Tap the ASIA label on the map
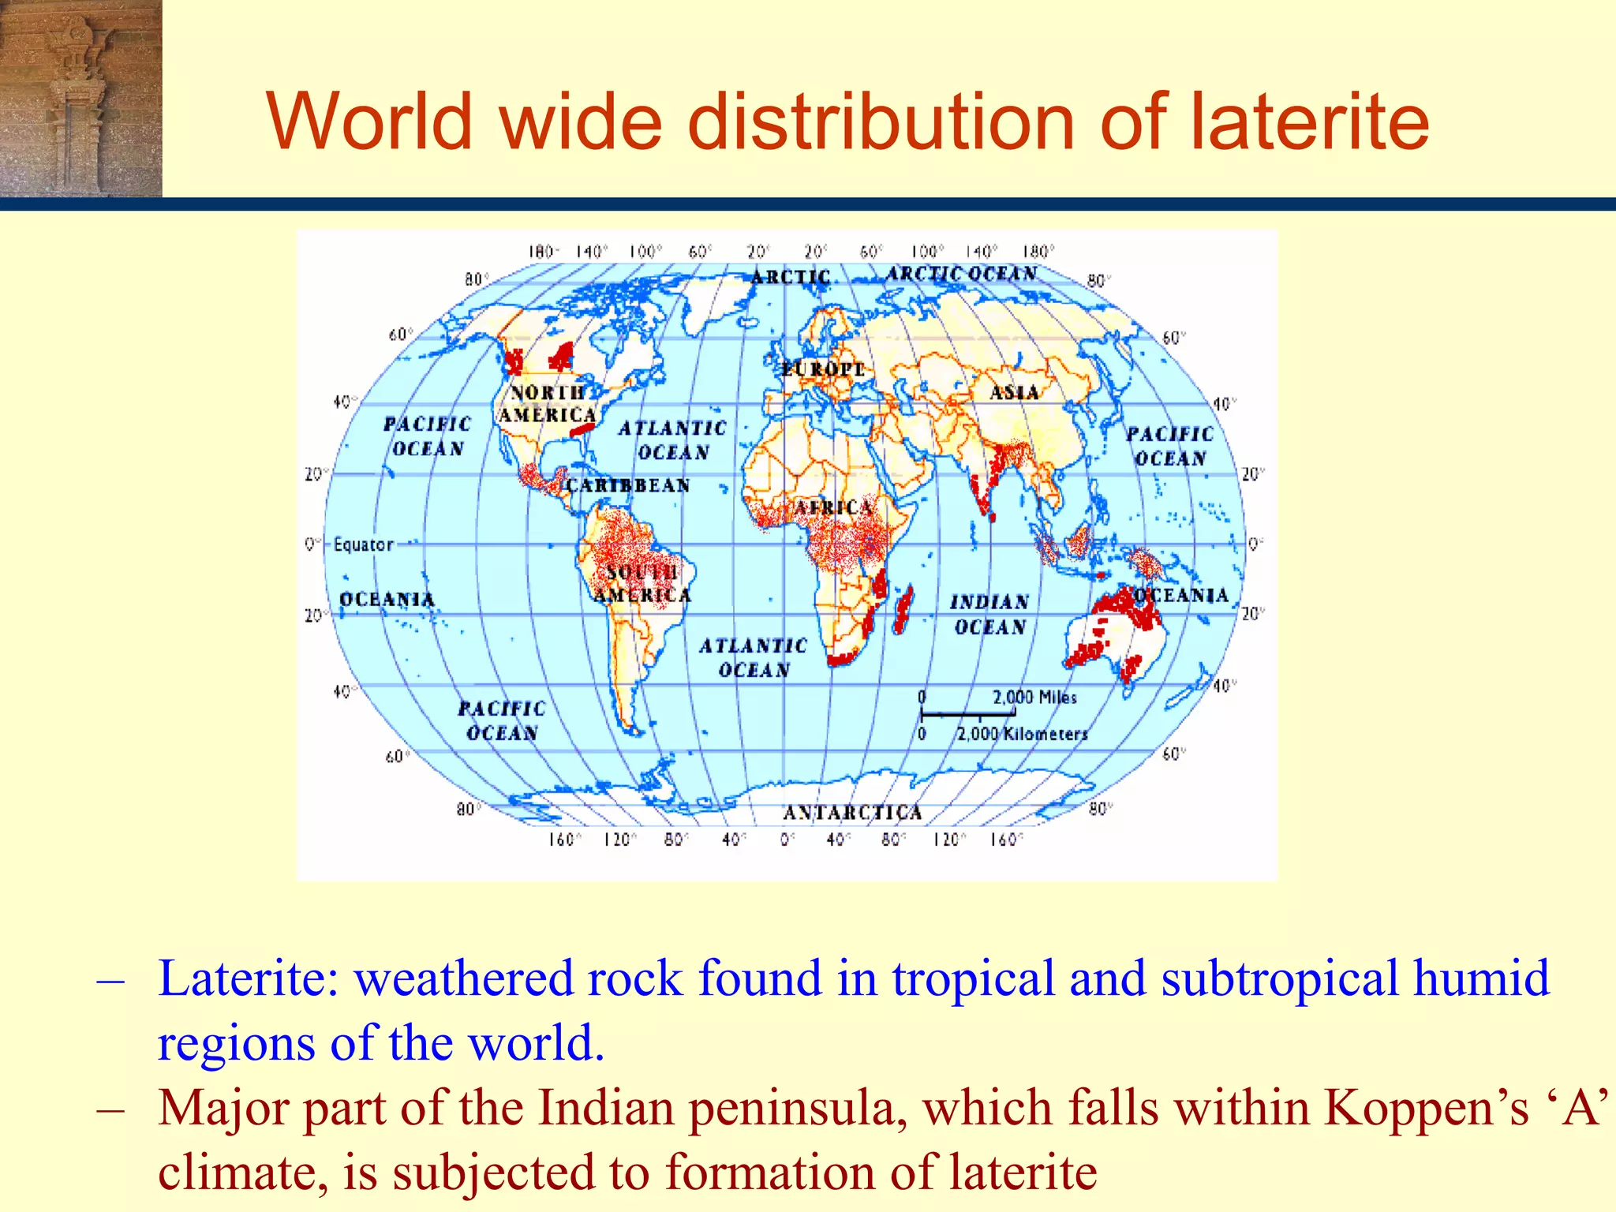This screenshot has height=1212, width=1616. tap(1014, 392)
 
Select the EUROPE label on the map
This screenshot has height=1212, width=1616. tap(823, 369)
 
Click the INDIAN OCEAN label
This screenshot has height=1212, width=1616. tap(989, 615)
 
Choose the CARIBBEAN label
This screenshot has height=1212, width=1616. tap(628, 485)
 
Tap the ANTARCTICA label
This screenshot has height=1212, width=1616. tap(852, 813)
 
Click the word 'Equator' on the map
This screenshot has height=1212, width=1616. tap(363, 544)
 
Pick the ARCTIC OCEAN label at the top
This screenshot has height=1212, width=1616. tap(961, 274)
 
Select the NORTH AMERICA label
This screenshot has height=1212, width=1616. tap(548, 403)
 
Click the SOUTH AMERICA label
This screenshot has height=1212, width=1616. tap(642, 583)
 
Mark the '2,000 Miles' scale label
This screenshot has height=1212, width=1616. tap(1034, 698)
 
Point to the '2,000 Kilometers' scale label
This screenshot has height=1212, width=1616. tap(1022, 734)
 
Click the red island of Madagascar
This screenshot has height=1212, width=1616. tap(903, 609)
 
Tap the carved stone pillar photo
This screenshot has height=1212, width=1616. tap(80, 98)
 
